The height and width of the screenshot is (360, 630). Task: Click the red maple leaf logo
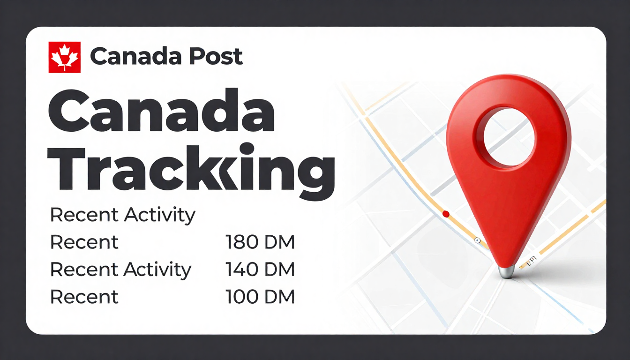click(65, 57)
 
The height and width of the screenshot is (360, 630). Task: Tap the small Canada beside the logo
click(135, 57)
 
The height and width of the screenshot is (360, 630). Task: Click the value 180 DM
click(260, 242)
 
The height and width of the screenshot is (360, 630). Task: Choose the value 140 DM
click(260, 270)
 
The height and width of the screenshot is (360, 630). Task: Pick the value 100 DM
click(260, 297)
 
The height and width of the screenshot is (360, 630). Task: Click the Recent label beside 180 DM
click(84, 242)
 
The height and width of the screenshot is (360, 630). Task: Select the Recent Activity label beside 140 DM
click(121, 270)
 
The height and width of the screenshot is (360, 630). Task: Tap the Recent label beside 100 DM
click(84, 297)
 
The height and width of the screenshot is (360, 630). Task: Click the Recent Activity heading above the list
click(122, 215)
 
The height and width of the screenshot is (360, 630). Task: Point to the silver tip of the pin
click(506, 271)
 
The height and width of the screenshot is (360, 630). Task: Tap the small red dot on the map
click(446, 214)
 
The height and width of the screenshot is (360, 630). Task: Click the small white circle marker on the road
click(478, 240)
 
